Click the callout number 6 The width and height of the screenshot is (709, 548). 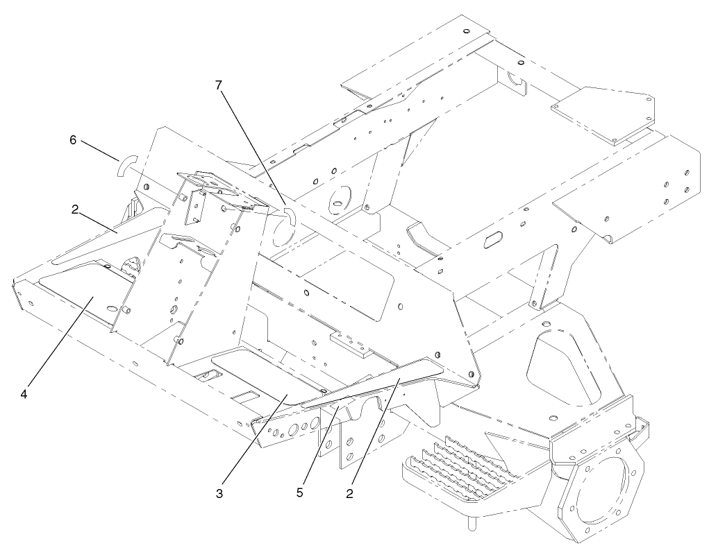(x=73, y=139)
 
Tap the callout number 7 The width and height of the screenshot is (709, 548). (x=219, y=85)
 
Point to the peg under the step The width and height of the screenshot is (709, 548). (x=474, y=522)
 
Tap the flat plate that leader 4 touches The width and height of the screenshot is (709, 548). (x=87, y=302)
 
